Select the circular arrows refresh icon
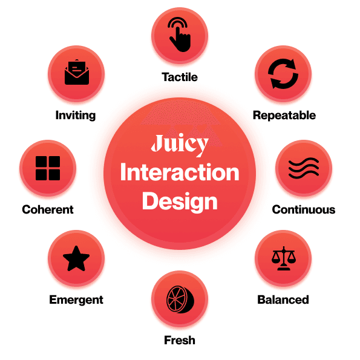coord(283,74)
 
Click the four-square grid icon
coord(48,168)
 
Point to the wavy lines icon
coord(304,168)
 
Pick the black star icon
coord(76,259)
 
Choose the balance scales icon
coord(284,258)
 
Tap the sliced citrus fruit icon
coord(180,299)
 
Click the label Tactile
coord(180,77)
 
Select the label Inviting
coord(76,115)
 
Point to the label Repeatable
coord(284,115)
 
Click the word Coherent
coord(48,209)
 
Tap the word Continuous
coord(304,209)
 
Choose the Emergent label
coord(76,300)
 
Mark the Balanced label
coord(283,299)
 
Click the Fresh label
coord(180,340)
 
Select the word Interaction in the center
coord(180,172)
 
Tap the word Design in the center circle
coord(180,201)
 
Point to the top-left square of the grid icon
coord(41,162)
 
